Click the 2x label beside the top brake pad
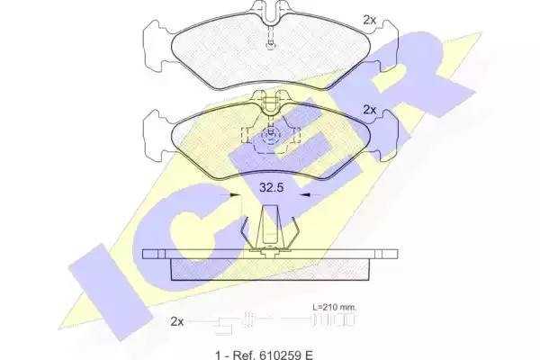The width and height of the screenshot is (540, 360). [370, 20]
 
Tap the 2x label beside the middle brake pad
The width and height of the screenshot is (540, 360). [370, 110]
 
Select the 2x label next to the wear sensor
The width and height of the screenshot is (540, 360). [177, 322]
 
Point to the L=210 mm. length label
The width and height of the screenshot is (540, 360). [335, 306]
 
